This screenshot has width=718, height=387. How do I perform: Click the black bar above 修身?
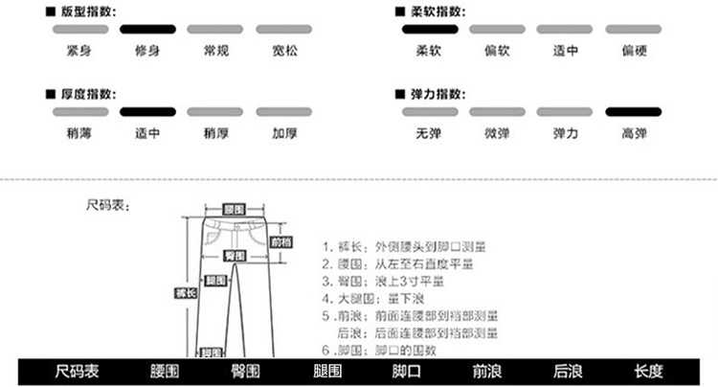click(x=147, y=31)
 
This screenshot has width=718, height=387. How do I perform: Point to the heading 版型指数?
click(x=86, y=11)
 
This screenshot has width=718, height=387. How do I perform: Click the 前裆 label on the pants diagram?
click(x=280, y=242)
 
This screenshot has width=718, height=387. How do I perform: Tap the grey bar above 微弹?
click(x=497, y=113)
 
